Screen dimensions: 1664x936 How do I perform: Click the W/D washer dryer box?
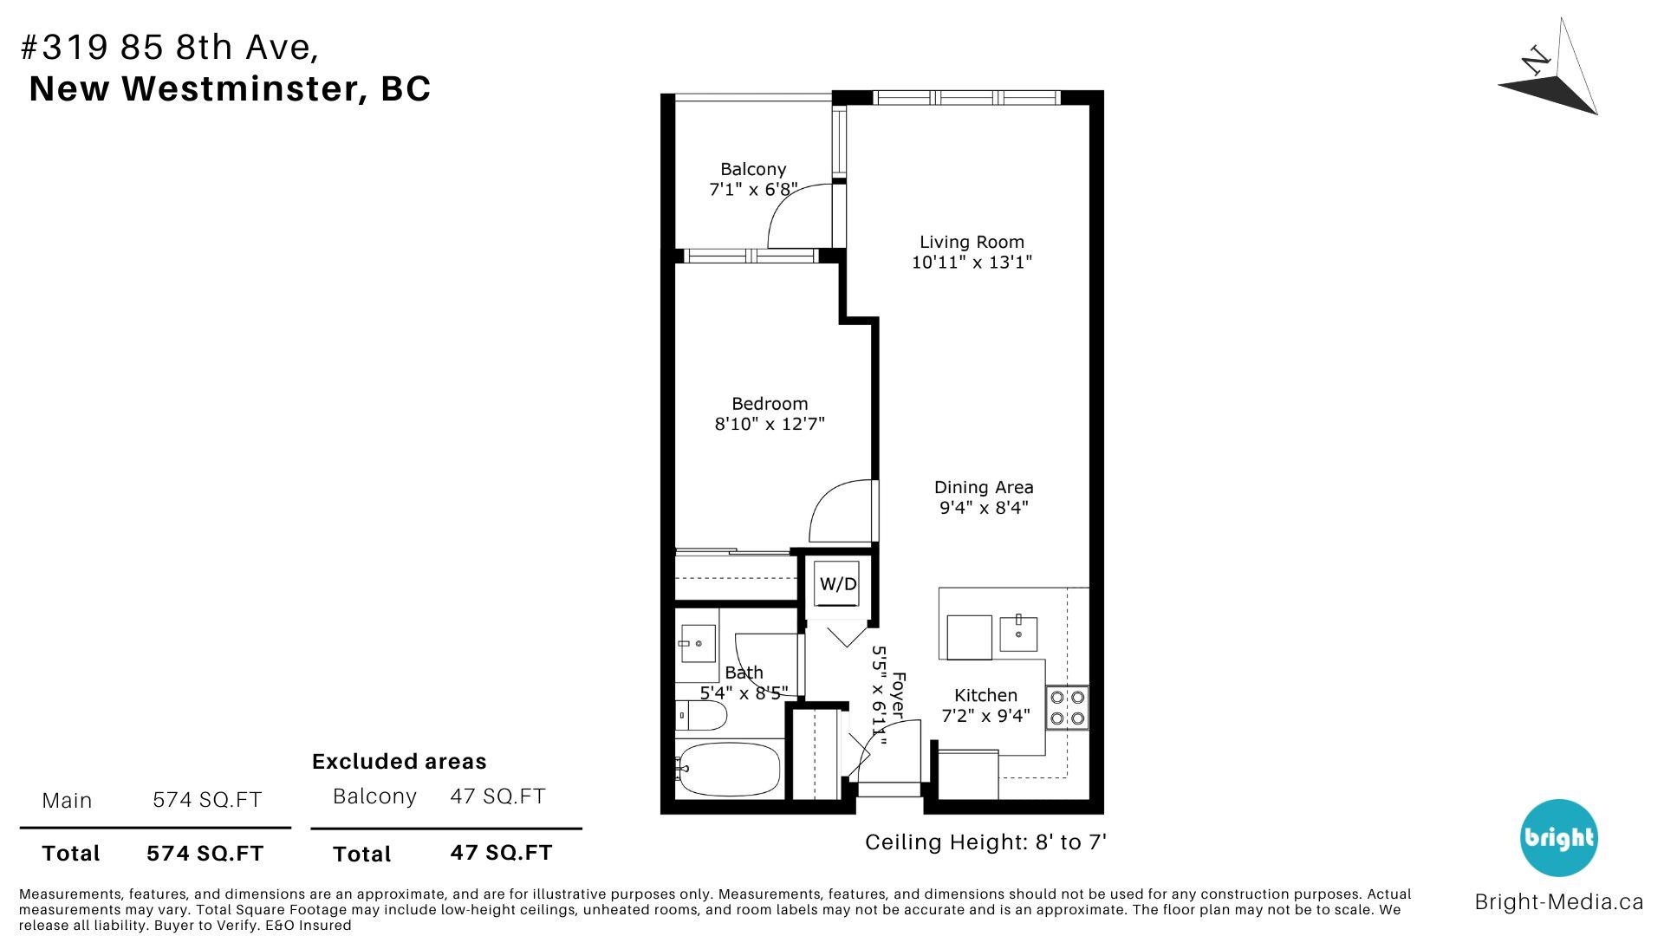pyautogui.click(x=838, y=584)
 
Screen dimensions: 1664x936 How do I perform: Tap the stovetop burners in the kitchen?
pyautogui.click(x=1068, y=707)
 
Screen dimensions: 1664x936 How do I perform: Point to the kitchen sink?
pyautogui.click(x=1018, y=634)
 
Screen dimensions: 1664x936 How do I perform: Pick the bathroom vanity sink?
pyautogui.click(x=697, y=644)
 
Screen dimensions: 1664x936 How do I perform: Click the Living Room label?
pyautogui.click(x=972, y=243)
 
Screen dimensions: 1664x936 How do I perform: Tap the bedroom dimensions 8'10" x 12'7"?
pyautogui.click(x=770, y=424)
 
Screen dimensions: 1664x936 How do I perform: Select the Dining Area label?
pyautogui.click(x=984, y=487)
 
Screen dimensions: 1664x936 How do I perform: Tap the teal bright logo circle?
pyautogui.click(x=1559, y=838)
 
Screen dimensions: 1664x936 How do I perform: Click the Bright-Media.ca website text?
pyautogui.click(x=1558, y=902)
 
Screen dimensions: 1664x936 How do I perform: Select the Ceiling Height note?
pyautogui.click(x=986, y=842)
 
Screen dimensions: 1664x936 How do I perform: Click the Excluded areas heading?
pyautogui.click(x=399, y=762)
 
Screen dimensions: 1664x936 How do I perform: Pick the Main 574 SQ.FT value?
pyautogui.click(x=207, y=800)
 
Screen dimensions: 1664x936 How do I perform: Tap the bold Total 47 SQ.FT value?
pyautogui.click(x=501, y=853)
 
